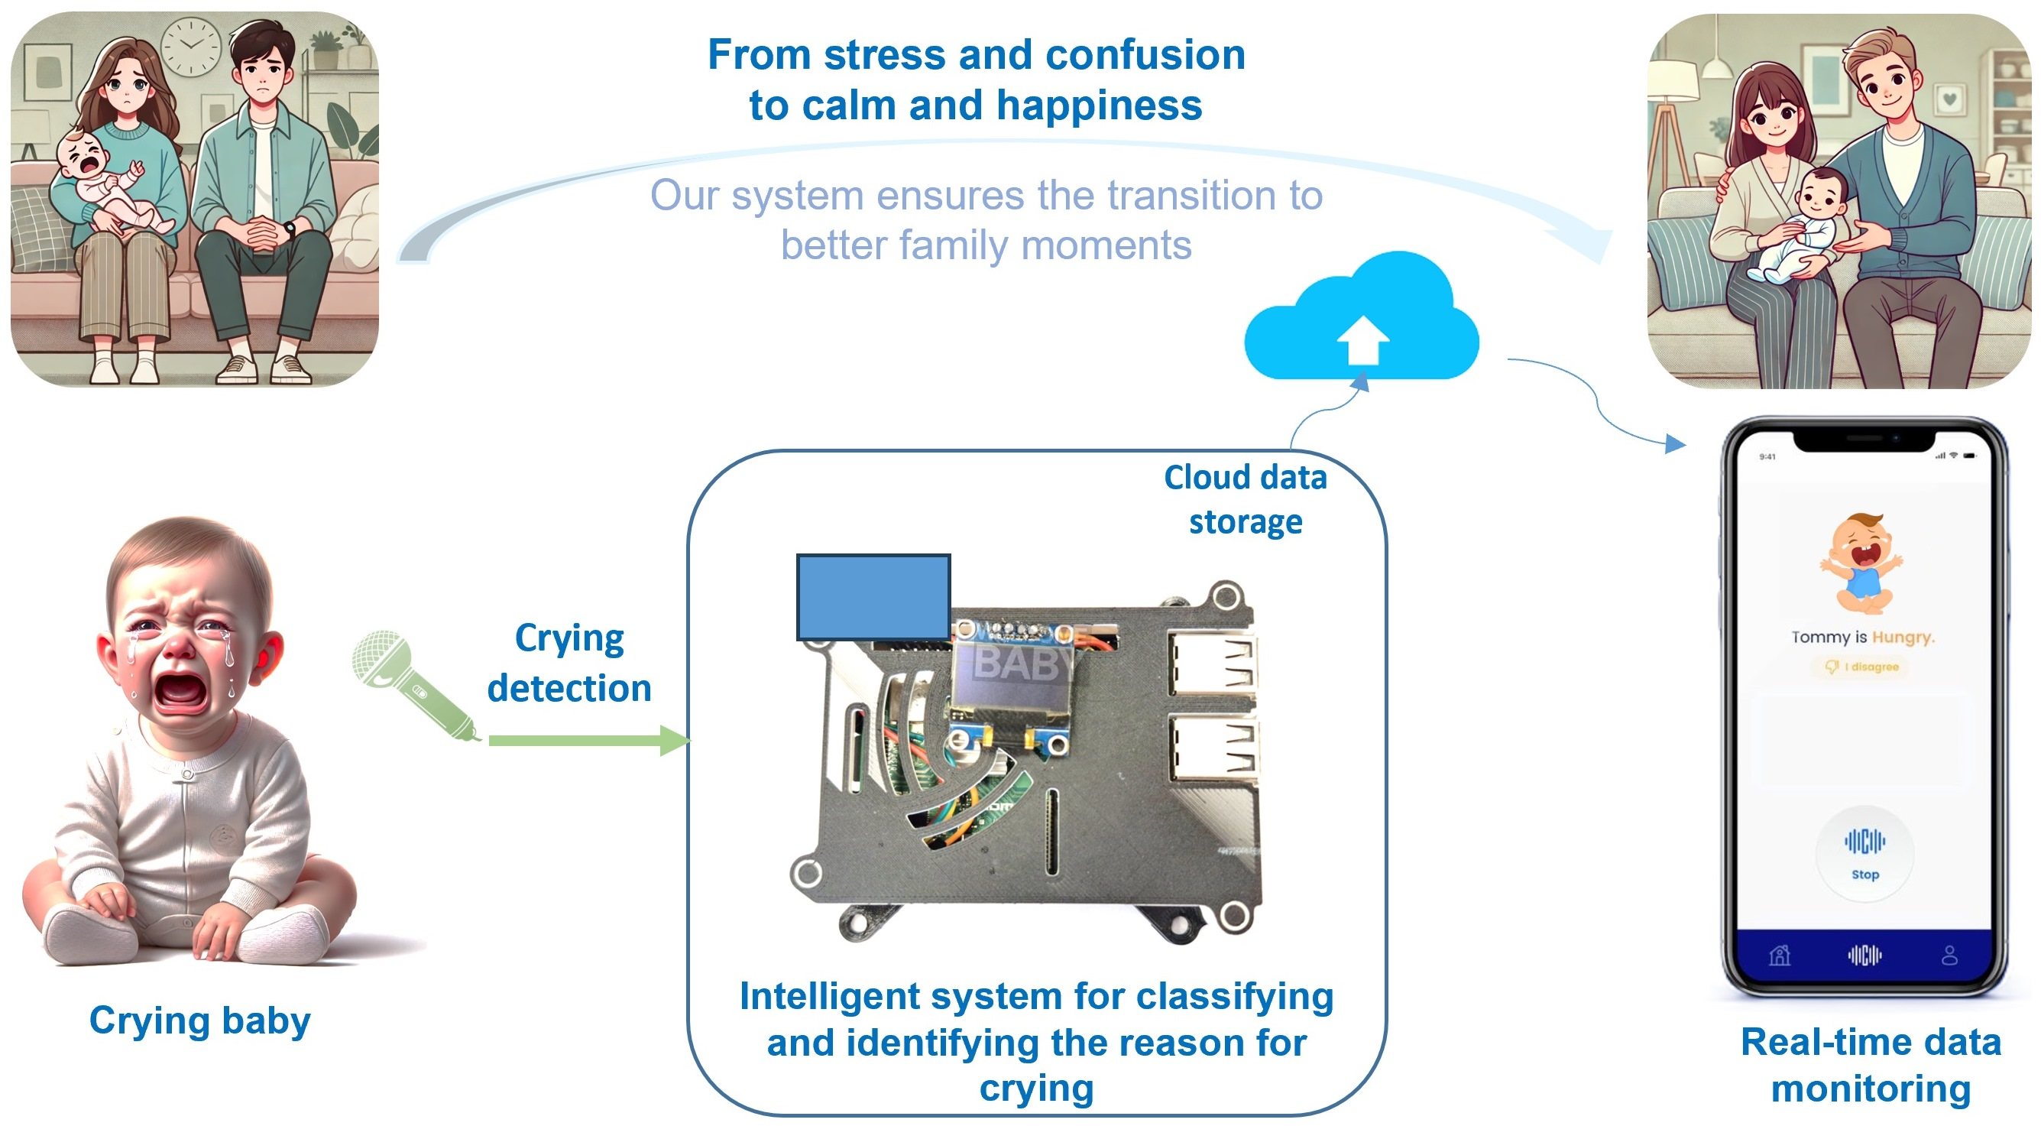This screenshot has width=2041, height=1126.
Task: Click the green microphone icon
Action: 412,685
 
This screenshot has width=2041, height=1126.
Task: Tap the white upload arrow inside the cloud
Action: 1362,340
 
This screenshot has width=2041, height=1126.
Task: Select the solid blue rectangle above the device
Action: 873,597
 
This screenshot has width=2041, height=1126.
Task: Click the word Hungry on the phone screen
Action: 1903,637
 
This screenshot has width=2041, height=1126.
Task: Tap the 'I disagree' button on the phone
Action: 1862,667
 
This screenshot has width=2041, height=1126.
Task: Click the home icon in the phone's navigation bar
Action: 1780,956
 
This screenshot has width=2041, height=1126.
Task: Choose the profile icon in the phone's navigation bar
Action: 1950,956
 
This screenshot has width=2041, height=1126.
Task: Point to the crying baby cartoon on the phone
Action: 1862,563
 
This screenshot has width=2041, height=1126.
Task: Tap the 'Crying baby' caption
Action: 199,1021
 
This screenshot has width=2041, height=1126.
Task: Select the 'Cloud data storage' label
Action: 1245,500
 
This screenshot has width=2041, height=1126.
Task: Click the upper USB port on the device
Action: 1211,663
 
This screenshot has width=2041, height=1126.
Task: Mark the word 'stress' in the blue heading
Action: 885,56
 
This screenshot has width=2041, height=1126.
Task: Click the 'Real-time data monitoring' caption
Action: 1871,1065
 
